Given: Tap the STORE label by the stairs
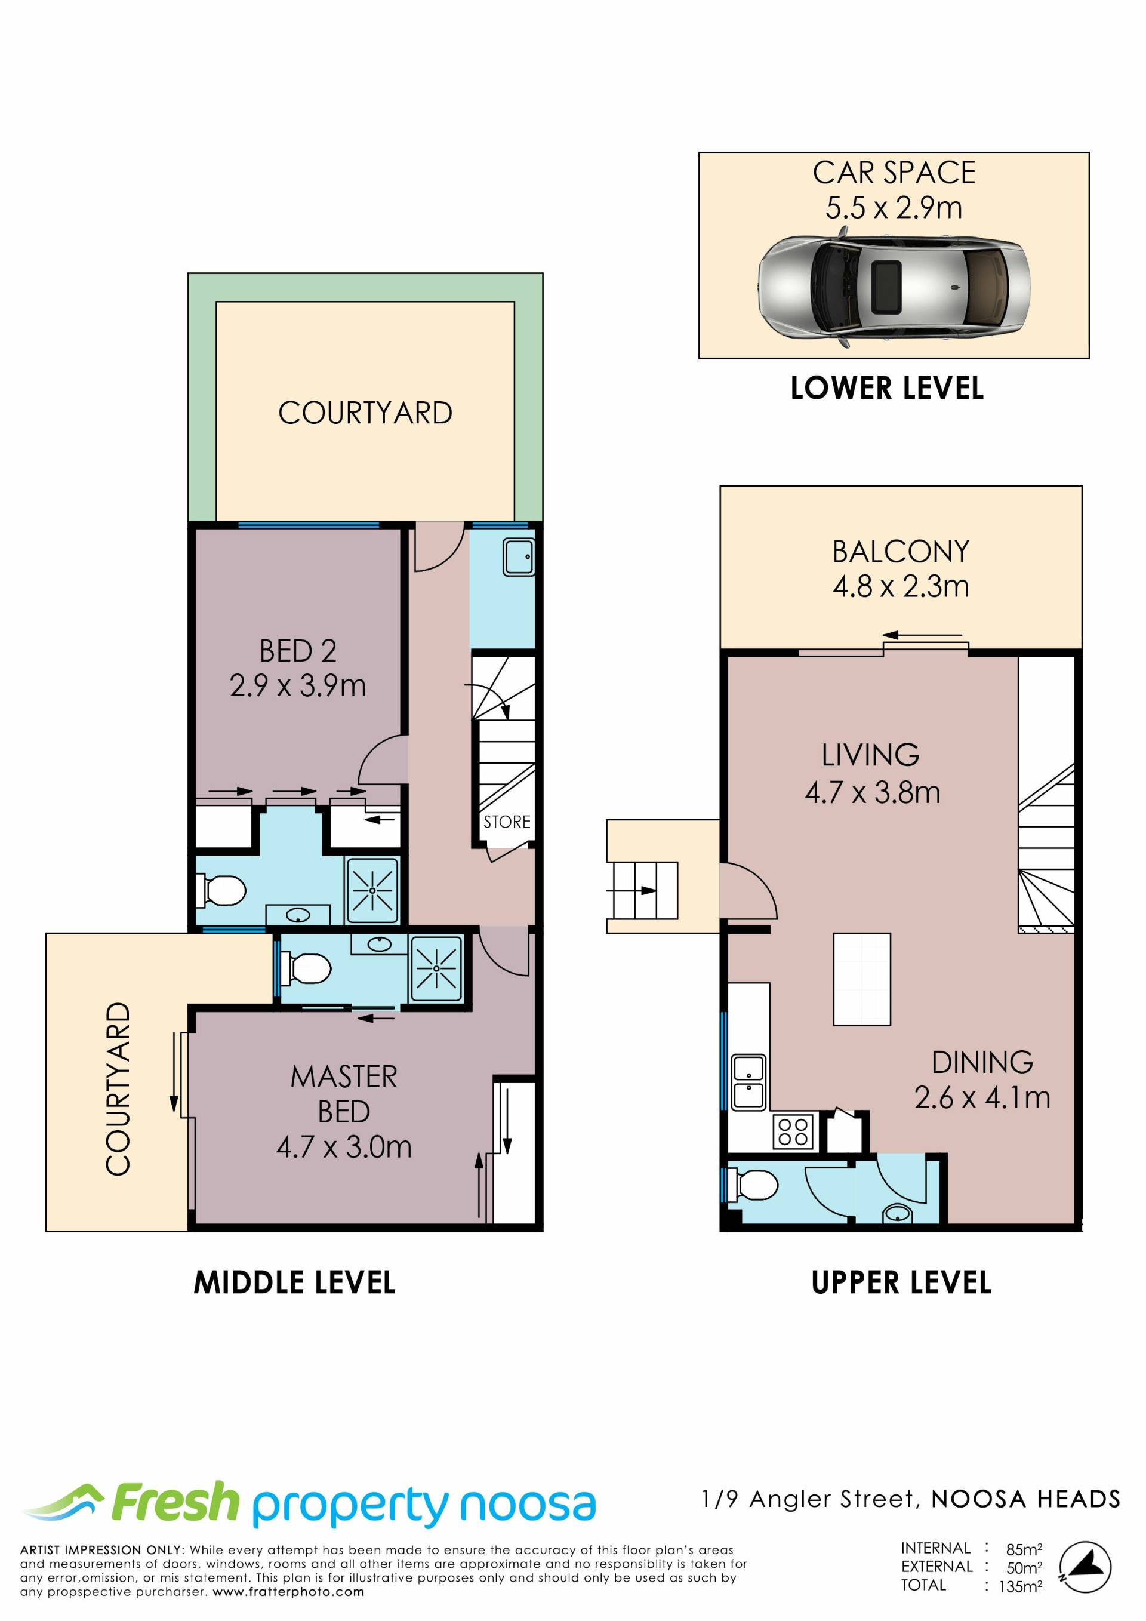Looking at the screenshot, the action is click(507, 822).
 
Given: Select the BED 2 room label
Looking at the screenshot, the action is click(298, 651).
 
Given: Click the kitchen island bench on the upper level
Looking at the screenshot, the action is click(862, 979).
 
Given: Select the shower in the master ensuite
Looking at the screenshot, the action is click(436, 968).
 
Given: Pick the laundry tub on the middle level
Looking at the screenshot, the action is click(519, 557).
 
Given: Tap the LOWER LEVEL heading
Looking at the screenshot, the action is click(887, 388).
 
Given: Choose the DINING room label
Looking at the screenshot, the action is click(982, 1063).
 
